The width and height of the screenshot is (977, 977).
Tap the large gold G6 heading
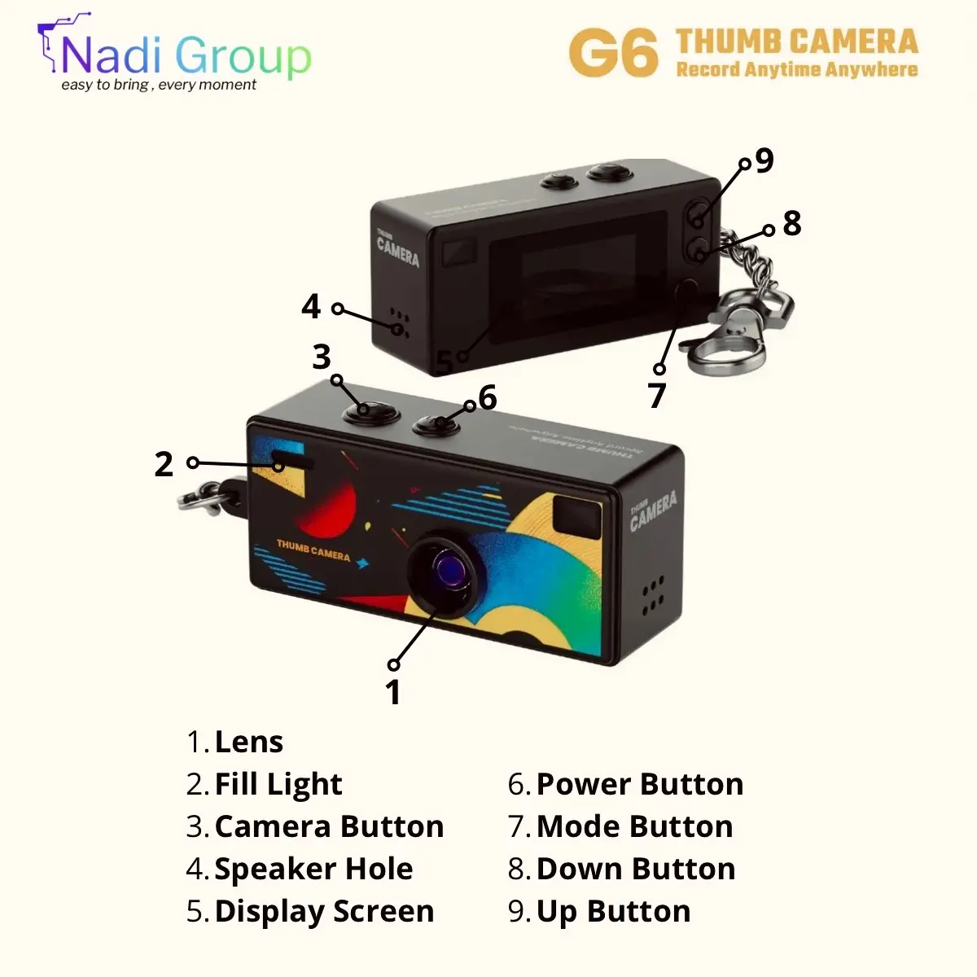coord(613,54)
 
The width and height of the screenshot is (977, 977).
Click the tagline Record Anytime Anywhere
coord(796,70)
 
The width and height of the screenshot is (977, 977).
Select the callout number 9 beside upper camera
coord(765,160)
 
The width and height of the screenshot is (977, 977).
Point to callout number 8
coord(791,223)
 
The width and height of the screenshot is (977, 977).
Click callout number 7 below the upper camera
coord(657,395)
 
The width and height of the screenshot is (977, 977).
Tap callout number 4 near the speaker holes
coord(311,307)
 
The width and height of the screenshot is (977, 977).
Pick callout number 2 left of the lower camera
coord(164,464)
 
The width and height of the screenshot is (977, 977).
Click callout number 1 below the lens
coord(393,692)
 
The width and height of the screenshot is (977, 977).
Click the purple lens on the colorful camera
coord(449,567)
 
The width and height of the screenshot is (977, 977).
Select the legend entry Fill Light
coord(278,784)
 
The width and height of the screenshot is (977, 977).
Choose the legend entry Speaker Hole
coord(313,869)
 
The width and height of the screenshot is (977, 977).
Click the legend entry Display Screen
coord(324,911)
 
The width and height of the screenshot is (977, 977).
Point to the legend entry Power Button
coord(639,784)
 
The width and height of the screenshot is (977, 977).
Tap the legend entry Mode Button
coord(634,826)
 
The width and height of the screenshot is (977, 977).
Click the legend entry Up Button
coord(613,911)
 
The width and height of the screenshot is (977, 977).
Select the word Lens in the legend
coord(248,742)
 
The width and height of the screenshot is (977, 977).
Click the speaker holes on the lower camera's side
coord(653,598)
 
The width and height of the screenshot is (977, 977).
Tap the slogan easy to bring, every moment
coord(159,85)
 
